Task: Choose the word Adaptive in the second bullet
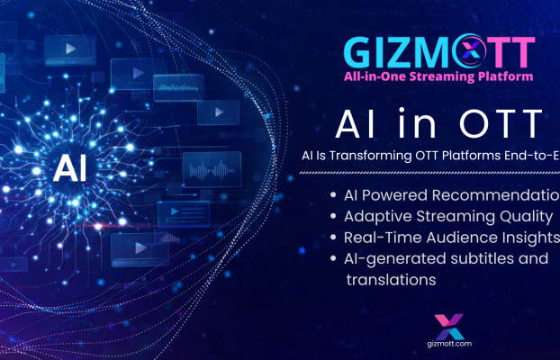tap(374, 217)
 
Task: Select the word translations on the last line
tap(392, 280)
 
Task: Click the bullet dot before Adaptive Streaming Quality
tap(332, 217)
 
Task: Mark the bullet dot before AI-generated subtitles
tap(332, 260)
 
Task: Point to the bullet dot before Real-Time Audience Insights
tap(332, 238)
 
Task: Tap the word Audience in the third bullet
tap(450, 238)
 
